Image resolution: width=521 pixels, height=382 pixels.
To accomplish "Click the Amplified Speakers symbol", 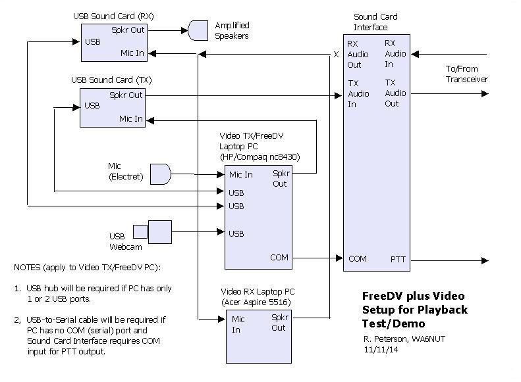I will [198, 30].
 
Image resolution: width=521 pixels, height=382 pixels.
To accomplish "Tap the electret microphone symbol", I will [161, 174].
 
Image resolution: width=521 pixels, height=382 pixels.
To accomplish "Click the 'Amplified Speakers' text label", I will [232, 30].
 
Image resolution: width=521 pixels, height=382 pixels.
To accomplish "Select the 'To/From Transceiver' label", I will [466, 74].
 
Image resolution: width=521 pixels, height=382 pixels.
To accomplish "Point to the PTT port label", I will [398, 260].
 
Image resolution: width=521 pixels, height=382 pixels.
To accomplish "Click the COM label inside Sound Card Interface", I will [357, 259].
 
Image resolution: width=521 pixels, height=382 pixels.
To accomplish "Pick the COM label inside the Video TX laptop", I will [279, 257].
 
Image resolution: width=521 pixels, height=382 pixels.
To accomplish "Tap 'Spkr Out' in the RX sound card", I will [128, 30].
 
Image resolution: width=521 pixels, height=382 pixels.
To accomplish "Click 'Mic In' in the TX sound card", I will [130, 119].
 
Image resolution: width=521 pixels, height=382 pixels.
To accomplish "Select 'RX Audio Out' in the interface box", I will [354, 54].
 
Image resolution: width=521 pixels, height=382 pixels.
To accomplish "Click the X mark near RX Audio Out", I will [336, 55].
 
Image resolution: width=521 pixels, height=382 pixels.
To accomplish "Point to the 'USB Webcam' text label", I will [121, 241].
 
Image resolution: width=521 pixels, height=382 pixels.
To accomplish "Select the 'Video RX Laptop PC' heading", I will [258, 291].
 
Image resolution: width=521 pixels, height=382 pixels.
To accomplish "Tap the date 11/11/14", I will [378, 349].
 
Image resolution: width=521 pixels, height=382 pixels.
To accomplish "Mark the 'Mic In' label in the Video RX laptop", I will [239, 324].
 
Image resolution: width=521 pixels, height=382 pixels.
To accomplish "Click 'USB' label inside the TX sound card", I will [92, 105].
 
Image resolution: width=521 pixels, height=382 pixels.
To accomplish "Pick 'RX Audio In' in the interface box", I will [395, 54].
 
